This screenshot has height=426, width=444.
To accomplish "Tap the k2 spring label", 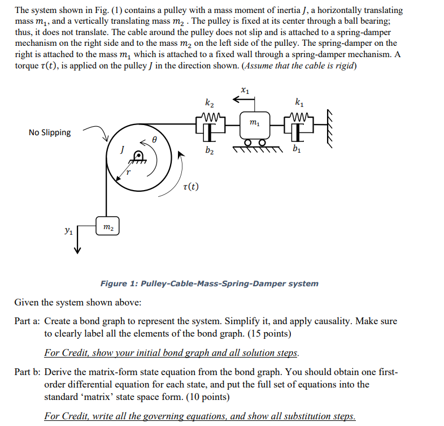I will [x=210, y=102].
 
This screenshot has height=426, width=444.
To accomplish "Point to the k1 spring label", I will [x=298, y=102].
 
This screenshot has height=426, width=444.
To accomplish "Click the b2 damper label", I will [x=210, y=150].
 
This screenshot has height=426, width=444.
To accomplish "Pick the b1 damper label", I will [x=297, y=150].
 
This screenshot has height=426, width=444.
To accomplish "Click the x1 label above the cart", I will [x=244, y=89].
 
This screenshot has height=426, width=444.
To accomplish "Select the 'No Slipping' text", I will [x=50, y=132].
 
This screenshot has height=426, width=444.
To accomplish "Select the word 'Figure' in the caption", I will [x=114, y=283].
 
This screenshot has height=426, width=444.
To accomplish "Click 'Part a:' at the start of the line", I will [x=27, y=321].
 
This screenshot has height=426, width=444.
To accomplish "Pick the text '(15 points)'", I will [x=268, y=334].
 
